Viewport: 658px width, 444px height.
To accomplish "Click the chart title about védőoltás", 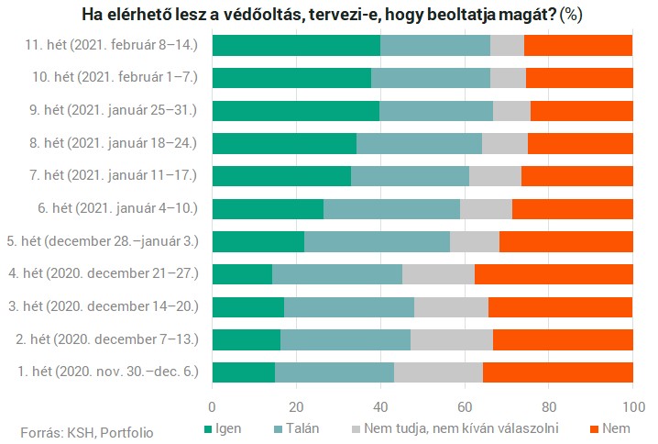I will [329, 16].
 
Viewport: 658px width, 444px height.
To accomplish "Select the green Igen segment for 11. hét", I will [296, 45].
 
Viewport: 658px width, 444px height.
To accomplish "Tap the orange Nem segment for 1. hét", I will [557, 372].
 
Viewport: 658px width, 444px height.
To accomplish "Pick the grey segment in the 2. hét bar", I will [452, 339].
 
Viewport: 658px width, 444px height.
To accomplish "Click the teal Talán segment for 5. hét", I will [377, 241].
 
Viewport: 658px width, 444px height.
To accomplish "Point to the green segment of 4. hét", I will [242, 273].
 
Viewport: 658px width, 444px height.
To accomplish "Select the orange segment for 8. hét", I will [580, 143].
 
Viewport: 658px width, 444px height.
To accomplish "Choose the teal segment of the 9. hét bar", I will [436, 110].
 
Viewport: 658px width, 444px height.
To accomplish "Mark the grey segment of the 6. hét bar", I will [486, 208].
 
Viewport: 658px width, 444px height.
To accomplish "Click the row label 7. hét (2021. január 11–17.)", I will [110, 176].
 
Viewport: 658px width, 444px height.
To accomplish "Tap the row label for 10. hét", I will [111, 78].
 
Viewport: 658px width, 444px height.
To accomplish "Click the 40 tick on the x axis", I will [380, 406].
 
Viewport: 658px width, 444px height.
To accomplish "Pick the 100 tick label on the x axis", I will [632, 406].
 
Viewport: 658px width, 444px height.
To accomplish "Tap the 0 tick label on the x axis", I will [213, 406].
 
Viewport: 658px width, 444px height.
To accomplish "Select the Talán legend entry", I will [299, 428].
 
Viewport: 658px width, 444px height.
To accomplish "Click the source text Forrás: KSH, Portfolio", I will [87, 431].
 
